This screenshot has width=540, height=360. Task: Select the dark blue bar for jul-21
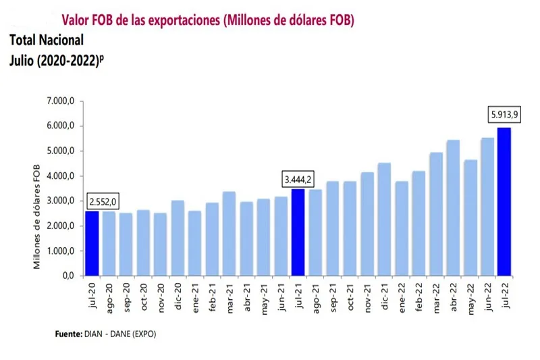298,232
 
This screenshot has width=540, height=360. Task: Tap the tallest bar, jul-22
504,201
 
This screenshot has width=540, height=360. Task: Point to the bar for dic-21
383,219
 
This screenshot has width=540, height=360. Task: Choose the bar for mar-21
229,234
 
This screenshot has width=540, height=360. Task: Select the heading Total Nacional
47,40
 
